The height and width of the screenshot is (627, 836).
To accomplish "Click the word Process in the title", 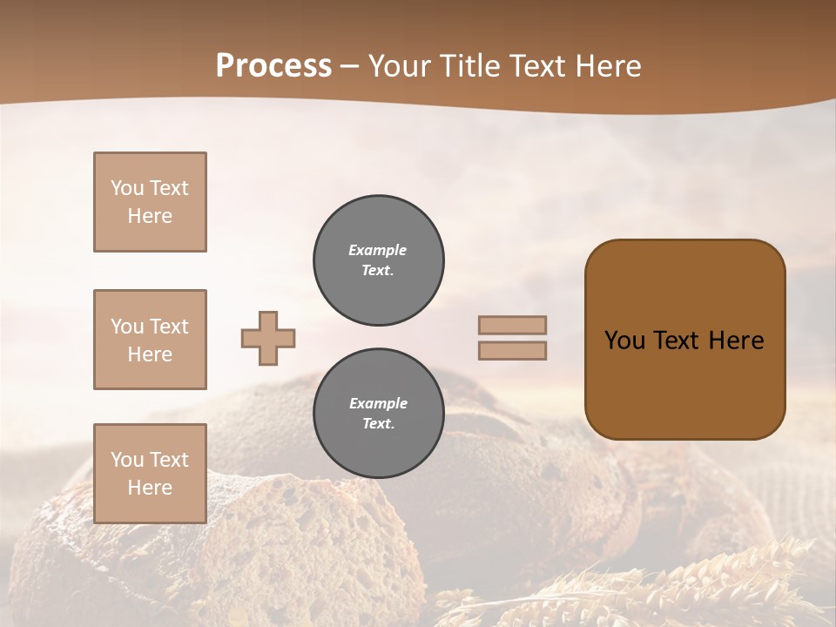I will point(273,66).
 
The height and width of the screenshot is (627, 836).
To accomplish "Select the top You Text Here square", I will point(150,202).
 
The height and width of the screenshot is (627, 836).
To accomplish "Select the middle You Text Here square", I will point(150,340).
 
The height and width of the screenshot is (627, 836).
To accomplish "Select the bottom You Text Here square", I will point(150,474).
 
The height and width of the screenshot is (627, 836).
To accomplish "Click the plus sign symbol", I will point(268,338).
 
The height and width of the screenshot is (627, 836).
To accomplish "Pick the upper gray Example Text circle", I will point(379,260).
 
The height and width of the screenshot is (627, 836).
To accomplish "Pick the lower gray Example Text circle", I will point(379,414).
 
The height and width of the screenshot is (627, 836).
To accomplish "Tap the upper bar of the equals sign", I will point(512,325).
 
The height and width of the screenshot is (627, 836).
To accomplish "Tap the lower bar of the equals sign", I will point(512,350).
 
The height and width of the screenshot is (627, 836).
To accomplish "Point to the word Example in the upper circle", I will point(378,250).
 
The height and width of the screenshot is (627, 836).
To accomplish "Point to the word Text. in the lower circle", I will point(378,424).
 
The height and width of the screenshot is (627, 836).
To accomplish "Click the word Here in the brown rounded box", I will point(736,340).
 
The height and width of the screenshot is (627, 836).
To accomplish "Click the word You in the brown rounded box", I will point(624,340).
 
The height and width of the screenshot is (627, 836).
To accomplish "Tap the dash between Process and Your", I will point(350,66).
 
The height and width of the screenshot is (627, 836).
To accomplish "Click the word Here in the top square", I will point(150,216).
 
